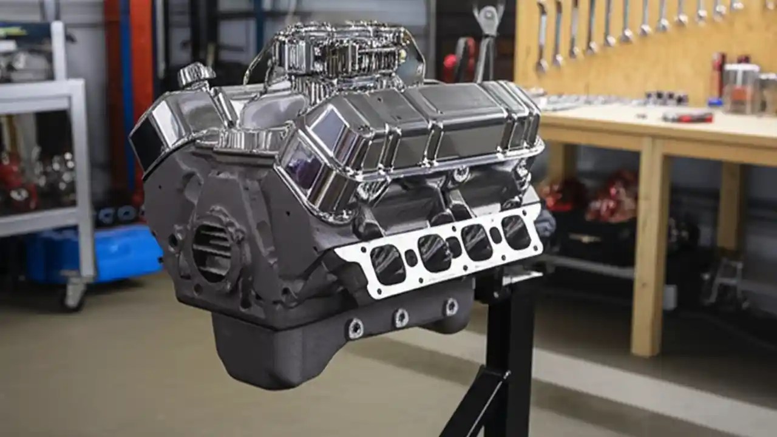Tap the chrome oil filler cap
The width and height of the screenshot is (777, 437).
point(195,75)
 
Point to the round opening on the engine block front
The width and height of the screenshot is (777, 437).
point(212,252)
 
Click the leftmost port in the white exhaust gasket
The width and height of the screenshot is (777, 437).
point(388,265)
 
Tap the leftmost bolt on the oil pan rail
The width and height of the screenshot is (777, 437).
point(355,328)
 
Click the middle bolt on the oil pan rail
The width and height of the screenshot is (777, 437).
point(401,317)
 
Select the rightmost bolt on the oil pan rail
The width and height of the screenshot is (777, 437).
point(450,307)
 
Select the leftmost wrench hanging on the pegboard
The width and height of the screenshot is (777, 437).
point(541,36)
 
